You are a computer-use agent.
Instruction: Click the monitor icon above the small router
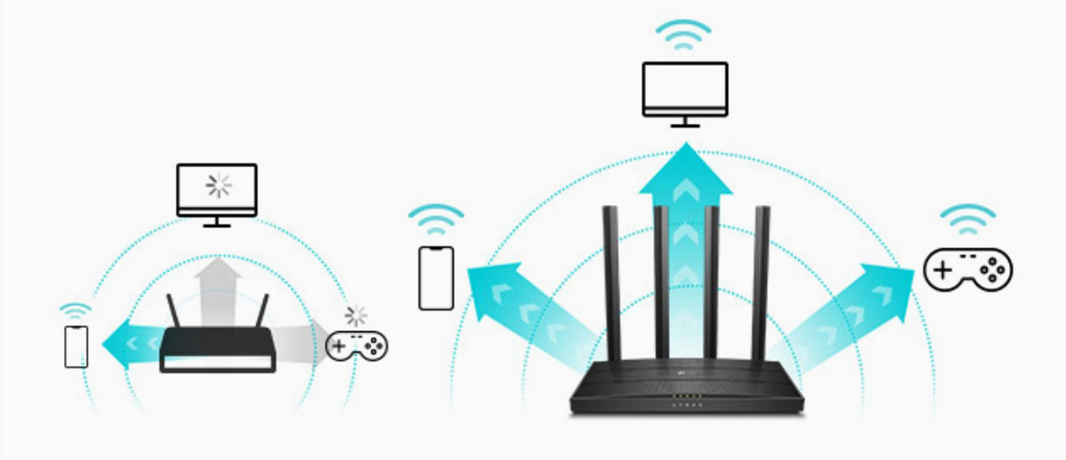point(217,191)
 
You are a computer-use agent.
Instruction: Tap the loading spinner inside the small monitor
point(217,185)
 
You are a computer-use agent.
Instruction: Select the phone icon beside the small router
point(76,346)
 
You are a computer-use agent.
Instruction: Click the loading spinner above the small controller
point(356,315)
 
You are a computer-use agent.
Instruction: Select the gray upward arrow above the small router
point(217,284)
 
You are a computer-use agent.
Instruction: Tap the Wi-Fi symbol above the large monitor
point(684,33)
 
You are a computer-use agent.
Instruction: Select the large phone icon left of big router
point(435,278)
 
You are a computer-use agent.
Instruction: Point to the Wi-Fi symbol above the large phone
point(435,217)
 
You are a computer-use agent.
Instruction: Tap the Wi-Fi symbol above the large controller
point(968,217)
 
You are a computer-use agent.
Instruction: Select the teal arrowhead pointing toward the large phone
point(491,289)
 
